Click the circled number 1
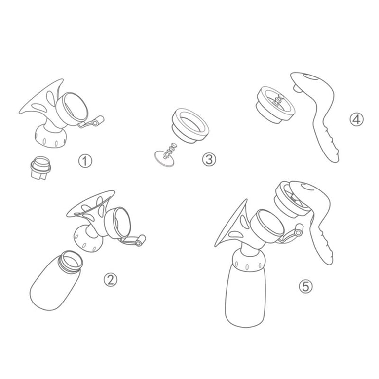coord(85,161)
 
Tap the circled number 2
coord(111,280)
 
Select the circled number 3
coord(209,159)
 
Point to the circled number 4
coord(356,119)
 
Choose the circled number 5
coord(306,287)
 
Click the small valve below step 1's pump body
coord(40,168)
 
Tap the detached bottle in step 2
coord(55,280)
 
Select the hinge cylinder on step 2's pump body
coord(140,241)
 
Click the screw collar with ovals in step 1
coord(50,137)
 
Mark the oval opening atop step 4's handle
coord(311,77)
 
